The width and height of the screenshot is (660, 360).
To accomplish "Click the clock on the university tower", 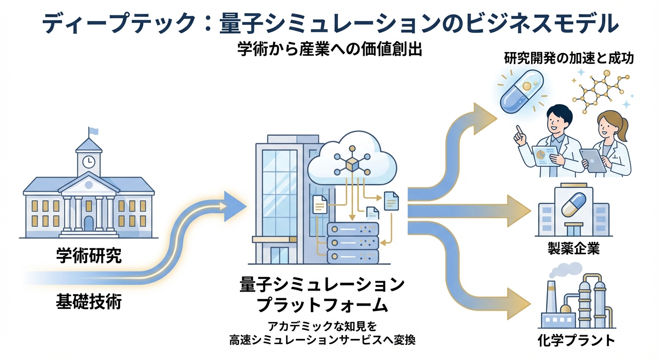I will click(88, 162).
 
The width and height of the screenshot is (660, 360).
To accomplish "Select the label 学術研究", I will click(89, 255).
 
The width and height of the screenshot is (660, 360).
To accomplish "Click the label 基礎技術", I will click(89, 301).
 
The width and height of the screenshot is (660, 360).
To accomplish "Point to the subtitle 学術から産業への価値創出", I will click(330, 50).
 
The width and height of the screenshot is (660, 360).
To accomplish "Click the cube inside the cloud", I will click(352, 165).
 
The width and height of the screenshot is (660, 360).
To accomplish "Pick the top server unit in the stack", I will click(352, 229).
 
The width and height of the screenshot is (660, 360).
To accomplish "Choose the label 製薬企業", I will click(573, 248).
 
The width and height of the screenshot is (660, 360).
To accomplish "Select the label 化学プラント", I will click(576, 340).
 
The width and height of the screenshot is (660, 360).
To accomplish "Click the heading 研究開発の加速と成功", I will click(569, 59).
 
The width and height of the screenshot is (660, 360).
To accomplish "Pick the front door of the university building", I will click(89, 223).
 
